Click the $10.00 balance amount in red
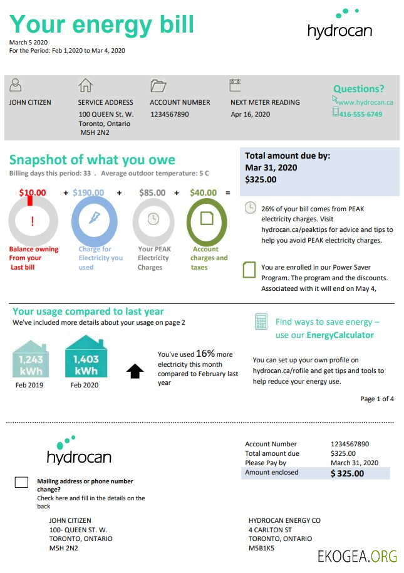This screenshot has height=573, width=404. [33, 193]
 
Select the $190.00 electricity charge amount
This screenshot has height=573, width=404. [88, 193]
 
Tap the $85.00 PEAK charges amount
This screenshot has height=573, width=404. [152, 193]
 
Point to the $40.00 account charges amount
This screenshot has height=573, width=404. [204, 193]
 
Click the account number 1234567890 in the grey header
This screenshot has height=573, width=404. [169, 115]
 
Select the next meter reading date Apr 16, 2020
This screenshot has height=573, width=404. [250, 115]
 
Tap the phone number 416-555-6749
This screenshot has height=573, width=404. [360, 114]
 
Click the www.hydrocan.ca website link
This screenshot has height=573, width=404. [365, 102]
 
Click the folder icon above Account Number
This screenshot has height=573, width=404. [158, 85]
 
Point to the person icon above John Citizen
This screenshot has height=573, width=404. [16, 85]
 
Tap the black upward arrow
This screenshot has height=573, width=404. [135, 371]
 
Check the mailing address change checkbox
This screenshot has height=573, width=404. [21, 482]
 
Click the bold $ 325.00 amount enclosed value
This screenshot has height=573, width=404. [347, 473]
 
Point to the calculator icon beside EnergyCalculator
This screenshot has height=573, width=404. [261, 322]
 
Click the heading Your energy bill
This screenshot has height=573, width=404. [101, 24]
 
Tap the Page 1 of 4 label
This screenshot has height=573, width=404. [377, 399]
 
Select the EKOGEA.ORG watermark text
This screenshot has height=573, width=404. [357, 557]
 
